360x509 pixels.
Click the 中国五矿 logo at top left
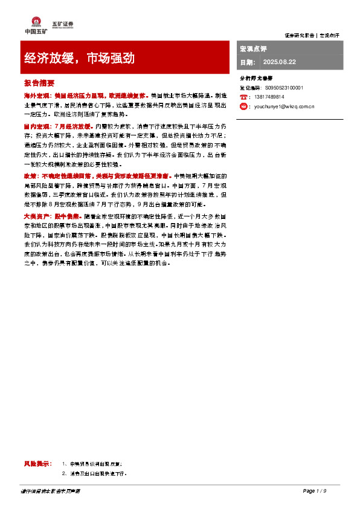(31, 24)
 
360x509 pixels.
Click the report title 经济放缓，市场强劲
(79, 59)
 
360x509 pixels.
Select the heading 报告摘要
(39, 83)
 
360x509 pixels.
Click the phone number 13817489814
(269, 97)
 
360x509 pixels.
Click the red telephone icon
(243, 97)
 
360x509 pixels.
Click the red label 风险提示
(38, 463)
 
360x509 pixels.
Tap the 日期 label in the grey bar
(248, 62)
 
